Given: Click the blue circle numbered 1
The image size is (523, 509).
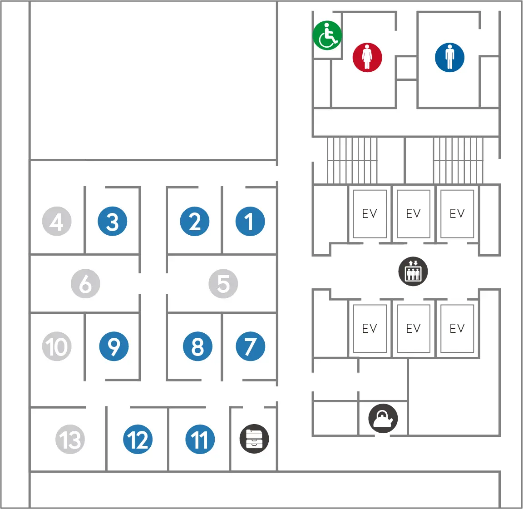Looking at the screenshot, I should [x=250, y=222].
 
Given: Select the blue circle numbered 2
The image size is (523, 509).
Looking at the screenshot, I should [x=194, y=222].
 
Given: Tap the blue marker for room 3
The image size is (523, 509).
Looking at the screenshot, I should [x=112, y=222].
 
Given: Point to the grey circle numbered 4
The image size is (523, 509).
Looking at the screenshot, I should [x=57, y=222].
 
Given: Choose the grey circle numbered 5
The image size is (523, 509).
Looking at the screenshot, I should [x=223, y=284].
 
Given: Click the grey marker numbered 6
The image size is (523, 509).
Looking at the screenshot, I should [x=85, y=284].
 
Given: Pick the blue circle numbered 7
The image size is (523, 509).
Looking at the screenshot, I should [x=250, y=346].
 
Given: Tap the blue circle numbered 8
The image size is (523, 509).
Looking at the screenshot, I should [x=197, y=346].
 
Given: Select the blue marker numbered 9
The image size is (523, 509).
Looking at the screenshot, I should [x=113, y=346].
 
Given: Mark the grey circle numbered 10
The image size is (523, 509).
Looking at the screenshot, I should [x=57, y=346].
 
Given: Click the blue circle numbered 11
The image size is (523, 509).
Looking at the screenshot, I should [x=200, y=440].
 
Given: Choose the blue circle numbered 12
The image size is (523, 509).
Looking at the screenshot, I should [x=138, y=440].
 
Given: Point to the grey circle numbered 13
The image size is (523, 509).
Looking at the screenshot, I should [x=70, y=440].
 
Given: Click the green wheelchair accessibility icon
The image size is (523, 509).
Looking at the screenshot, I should [x=327, y=35].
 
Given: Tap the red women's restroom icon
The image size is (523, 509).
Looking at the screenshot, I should [x=367, y=58].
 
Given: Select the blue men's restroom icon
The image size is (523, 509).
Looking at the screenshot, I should [x=449, y=58].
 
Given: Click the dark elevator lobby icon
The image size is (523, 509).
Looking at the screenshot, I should [x=413, y=272].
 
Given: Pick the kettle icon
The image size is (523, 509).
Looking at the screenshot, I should [x=383, y=418].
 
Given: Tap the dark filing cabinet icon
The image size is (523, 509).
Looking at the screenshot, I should [x=254, y=439].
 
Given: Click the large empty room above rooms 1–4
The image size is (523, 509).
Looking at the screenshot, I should [x=153, y=80].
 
